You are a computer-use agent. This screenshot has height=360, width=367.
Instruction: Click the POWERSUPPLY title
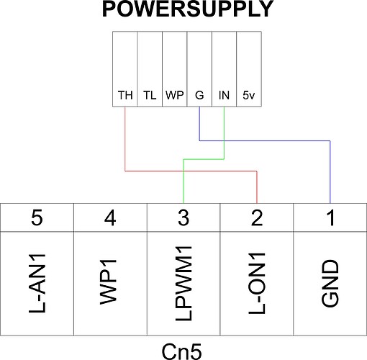point(188,9)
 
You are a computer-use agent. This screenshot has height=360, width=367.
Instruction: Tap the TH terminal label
point(125,95)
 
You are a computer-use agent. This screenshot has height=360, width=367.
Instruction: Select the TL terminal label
point(150,95)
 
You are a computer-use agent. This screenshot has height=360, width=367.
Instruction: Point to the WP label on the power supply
point(175,95)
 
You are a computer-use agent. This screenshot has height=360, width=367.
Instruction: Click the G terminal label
point(199,95)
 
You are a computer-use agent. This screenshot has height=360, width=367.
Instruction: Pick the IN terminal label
point(224,95)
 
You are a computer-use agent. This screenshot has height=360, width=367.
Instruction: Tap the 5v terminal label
point(249,95)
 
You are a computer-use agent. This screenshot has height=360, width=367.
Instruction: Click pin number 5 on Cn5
point(37,217)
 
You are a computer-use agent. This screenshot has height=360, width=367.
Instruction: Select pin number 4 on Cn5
point(110,217)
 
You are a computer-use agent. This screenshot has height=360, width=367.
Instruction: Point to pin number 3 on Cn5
point(183,217)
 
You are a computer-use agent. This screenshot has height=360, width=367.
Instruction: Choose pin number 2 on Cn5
point(257,217)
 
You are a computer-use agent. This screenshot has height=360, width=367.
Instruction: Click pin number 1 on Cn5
point(331,217)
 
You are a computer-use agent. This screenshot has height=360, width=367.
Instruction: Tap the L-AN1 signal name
point(37,284)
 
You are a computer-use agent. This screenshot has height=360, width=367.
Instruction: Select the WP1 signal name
point(109,282)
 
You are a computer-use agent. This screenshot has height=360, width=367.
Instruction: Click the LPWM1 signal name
point(183,284)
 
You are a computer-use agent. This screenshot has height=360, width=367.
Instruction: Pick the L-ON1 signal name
point(257,284)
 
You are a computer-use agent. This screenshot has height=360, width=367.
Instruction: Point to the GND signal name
point(330,284)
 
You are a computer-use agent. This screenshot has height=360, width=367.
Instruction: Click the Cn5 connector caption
point(181,351)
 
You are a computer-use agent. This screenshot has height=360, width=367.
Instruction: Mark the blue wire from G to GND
point(265,140)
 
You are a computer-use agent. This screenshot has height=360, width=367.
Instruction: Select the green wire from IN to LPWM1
point(204,159)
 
